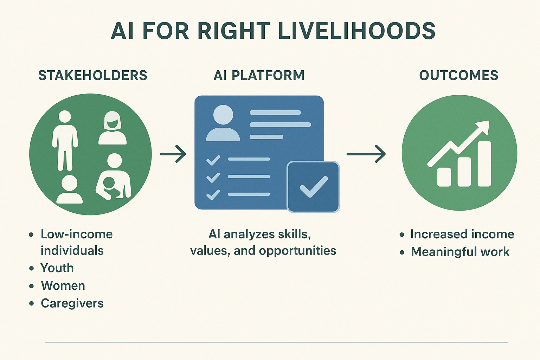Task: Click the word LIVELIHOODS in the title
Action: (x=357, y=31)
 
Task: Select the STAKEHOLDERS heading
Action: (x=93, y=75)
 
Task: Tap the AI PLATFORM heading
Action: (x=259, y=75)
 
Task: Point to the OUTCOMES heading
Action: (x=459, y=75)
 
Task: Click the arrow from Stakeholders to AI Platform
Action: (x=173, y=154)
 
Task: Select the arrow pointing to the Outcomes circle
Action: (x=366, y=154)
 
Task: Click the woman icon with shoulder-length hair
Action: (x=112, y=128)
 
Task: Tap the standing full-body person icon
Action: (x=65, y=141)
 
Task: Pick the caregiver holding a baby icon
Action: (x=113, y=176)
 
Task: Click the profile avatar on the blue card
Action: (x=223, y=123)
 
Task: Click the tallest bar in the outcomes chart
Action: (x=484, y=164)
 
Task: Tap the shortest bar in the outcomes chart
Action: (x=444, y=177)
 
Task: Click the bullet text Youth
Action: (x=57, y=268)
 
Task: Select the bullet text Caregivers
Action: (x=72, y=303)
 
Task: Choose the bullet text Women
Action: (x=63, y=286)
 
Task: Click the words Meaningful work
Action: (x=460, y=252)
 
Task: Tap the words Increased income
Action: (x=462, y=234)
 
